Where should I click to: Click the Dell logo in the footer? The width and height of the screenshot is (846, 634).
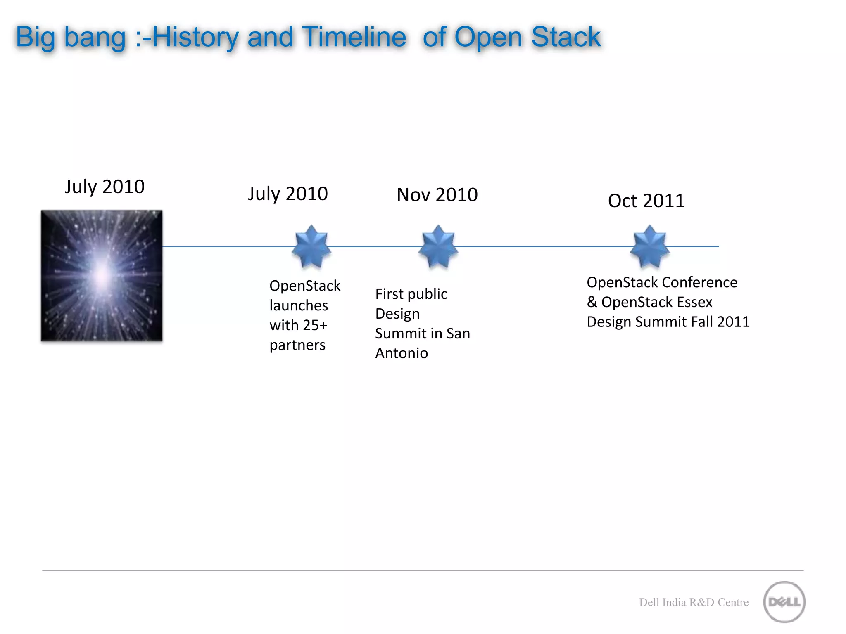[x=784, y=602]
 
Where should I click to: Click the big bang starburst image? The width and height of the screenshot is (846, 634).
[x=102, y=276]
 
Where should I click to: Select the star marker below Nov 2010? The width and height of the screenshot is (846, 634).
[x=438, y=246]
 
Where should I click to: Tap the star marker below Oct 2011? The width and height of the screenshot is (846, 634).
[x=649, y=246]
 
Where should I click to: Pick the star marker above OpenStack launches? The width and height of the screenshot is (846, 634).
[x=311, y=246]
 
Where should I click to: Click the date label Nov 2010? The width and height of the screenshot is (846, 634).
[x=437, y=195]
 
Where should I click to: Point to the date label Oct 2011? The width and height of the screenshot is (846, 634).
[x=646, y=201]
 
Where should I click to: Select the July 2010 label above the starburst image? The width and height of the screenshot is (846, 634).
[x=105, y=187]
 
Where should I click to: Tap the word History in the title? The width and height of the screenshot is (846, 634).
[x=195, y=37]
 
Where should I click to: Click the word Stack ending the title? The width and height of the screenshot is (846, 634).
[x=566, y=37]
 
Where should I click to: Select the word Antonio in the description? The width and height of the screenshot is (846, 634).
[x=401, y=353]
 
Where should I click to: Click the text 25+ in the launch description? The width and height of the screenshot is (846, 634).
[x=315, y=325]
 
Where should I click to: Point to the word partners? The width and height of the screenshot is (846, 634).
[x=297, y=345]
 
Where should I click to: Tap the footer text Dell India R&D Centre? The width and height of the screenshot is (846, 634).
[x=694, y=602]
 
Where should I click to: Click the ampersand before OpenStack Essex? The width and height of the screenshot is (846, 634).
[x=592, y=302]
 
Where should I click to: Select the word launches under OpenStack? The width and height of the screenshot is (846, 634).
[x=299, y=305]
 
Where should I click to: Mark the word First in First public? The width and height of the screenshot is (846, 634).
[x=389, y=294]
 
